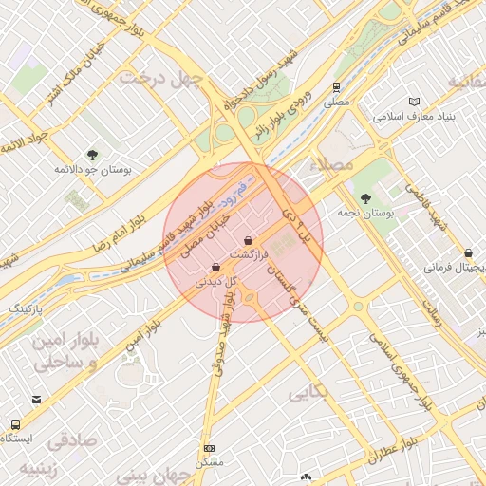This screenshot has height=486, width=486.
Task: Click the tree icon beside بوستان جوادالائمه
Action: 92,154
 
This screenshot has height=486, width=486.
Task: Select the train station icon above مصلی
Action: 336,86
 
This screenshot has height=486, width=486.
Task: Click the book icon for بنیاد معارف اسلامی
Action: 413,102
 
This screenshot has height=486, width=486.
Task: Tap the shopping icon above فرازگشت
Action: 248,240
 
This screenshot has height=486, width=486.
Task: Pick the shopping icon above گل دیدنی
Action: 217,268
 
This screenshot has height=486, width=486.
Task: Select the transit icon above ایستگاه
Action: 15,423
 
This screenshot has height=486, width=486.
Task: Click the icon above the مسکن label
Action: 209,448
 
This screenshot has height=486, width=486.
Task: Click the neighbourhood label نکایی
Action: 308,390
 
